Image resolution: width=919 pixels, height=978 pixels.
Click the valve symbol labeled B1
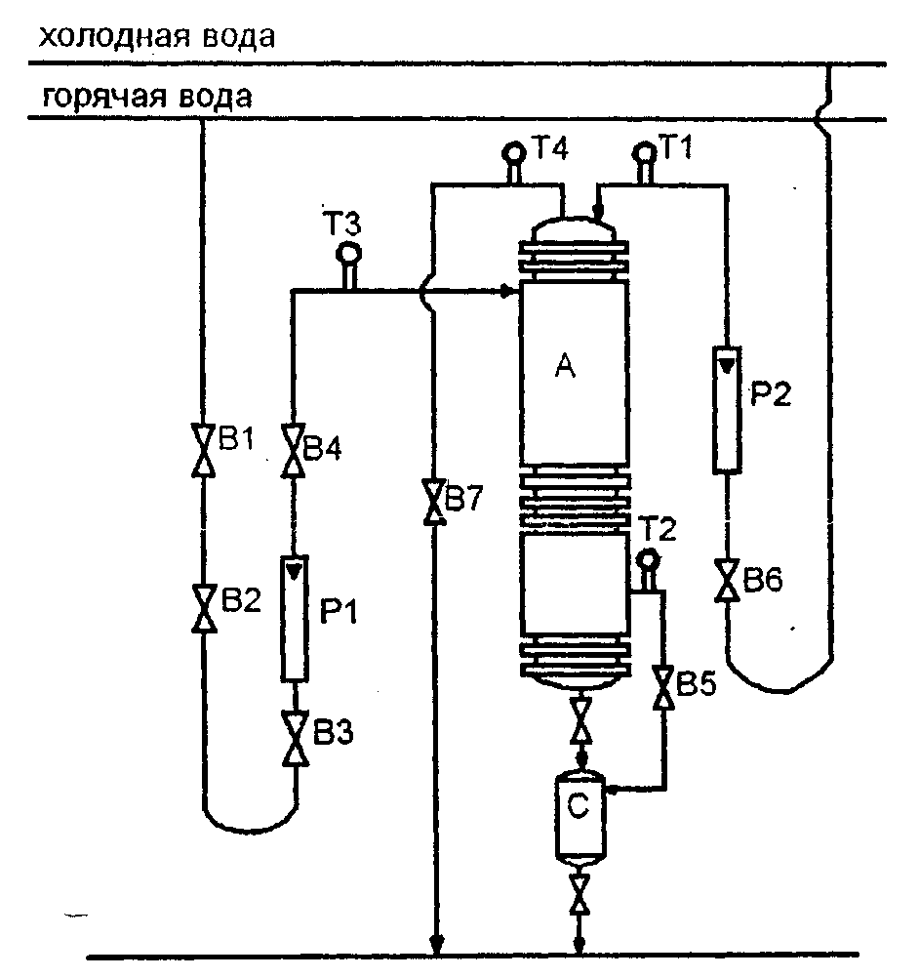(x=203, y=450)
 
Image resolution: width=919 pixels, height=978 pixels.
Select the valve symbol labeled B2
(x=204, y=608)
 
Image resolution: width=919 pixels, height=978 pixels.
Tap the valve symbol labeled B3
(x=295, y=739)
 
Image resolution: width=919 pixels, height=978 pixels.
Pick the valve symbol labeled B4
(x=293, y=450)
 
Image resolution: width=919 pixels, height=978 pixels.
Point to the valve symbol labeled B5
(x=662, y=687)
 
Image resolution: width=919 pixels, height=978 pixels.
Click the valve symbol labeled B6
(x=727, y=580)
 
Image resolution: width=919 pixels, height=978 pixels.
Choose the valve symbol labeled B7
(x=434, y=502)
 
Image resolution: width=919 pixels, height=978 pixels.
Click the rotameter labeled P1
(x=295, y=618)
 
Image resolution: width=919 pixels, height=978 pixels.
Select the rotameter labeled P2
(x=727, y=410)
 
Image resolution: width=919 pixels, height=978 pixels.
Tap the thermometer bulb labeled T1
(x=644, y=152)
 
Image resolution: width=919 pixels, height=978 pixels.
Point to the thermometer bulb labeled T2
(x=649, y=559)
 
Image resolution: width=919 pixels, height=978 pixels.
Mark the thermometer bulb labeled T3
(x=348, y=254)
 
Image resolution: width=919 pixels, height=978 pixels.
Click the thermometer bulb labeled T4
(x=514, y=152)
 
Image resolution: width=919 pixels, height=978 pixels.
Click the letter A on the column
(x=565, y=365)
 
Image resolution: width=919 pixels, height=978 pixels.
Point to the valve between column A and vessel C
(x=581, y=720)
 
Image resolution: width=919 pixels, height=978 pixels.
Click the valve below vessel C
(x=580, y=894)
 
